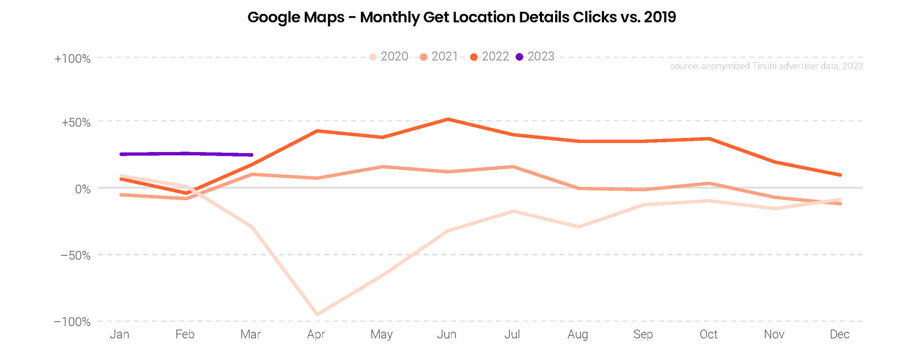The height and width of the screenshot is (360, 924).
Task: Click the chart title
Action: pyautogui.click(x=461, y=17)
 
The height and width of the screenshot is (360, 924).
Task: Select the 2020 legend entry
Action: pyautogui.click(x=389, y=57)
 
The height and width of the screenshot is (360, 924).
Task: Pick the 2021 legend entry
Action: pyautogui.click(x=439, y=57)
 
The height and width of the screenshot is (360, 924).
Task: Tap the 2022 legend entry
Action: pyautogui.click(x=490, y=57)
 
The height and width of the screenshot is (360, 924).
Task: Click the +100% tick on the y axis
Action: pyautogui.click(x=72, y=59)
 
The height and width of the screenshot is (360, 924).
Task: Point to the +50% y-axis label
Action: pyautogui.click(x=76, y=123)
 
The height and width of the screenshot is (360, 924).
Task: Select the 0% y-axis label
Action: pyautogui.click(x=83, y=189)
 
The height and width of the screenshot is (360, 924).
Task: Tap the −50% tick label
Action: pyautogui.click(x=75, y=255)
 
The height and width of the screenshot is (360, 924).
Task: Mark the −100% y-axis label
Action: pyautogui.click(x=72, y=322)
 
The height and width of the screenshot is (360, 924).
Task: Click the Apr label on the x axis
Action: pyautogui.click(x=316, y=335)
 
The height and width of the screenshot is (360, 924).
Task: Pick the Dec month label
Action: pyautogui.click(x=839, y=335)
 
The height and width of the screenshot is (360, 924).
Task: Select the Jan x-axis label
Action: pyautogui.click(x=120, y=335)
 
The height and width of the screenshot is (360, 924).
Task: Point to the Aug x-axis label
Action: pyautogui.click(x=577, y=335)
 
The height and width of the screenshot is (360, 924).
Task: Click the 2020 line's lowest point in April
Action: pyautogui.click(x=317, y=314)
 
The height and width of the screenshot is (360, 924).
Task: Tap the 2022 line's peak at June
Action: pyautogui.click(x=447, y=119)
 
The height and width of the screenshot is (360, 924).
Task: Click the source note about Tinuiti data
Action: pyautogui.click(x=766, y=66)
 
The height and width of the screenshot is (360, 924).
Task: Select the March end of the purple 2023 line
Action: pyautogui.click(x=252, y=155)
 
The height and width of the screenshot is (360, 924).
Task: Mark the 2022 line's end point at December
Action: pyautogui.click(x=840, y=175)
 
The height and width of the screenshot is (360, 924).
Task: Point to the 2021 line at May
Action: pyautogui.click(x=382, y=166)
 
